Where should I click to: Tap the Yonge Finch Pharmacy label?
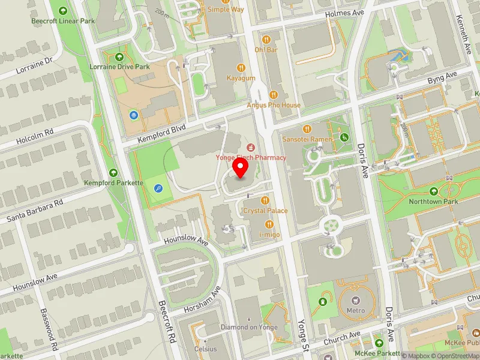[x=251, y=157]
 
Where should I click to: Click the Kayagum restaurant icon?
[x=241, y=68]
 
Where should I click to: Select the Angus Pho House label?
[x=274, y=105]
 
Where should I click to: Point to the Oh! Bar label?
[x=266, y=50]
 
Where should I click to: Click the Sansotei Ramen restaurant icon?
[x=308, y=128]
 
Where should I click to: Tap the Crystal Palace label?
[x=265, y=211]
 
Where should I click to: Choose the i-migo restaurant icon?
[x=269, y=224]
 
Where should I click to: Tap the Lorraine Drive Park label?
[x=119, y=67]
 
